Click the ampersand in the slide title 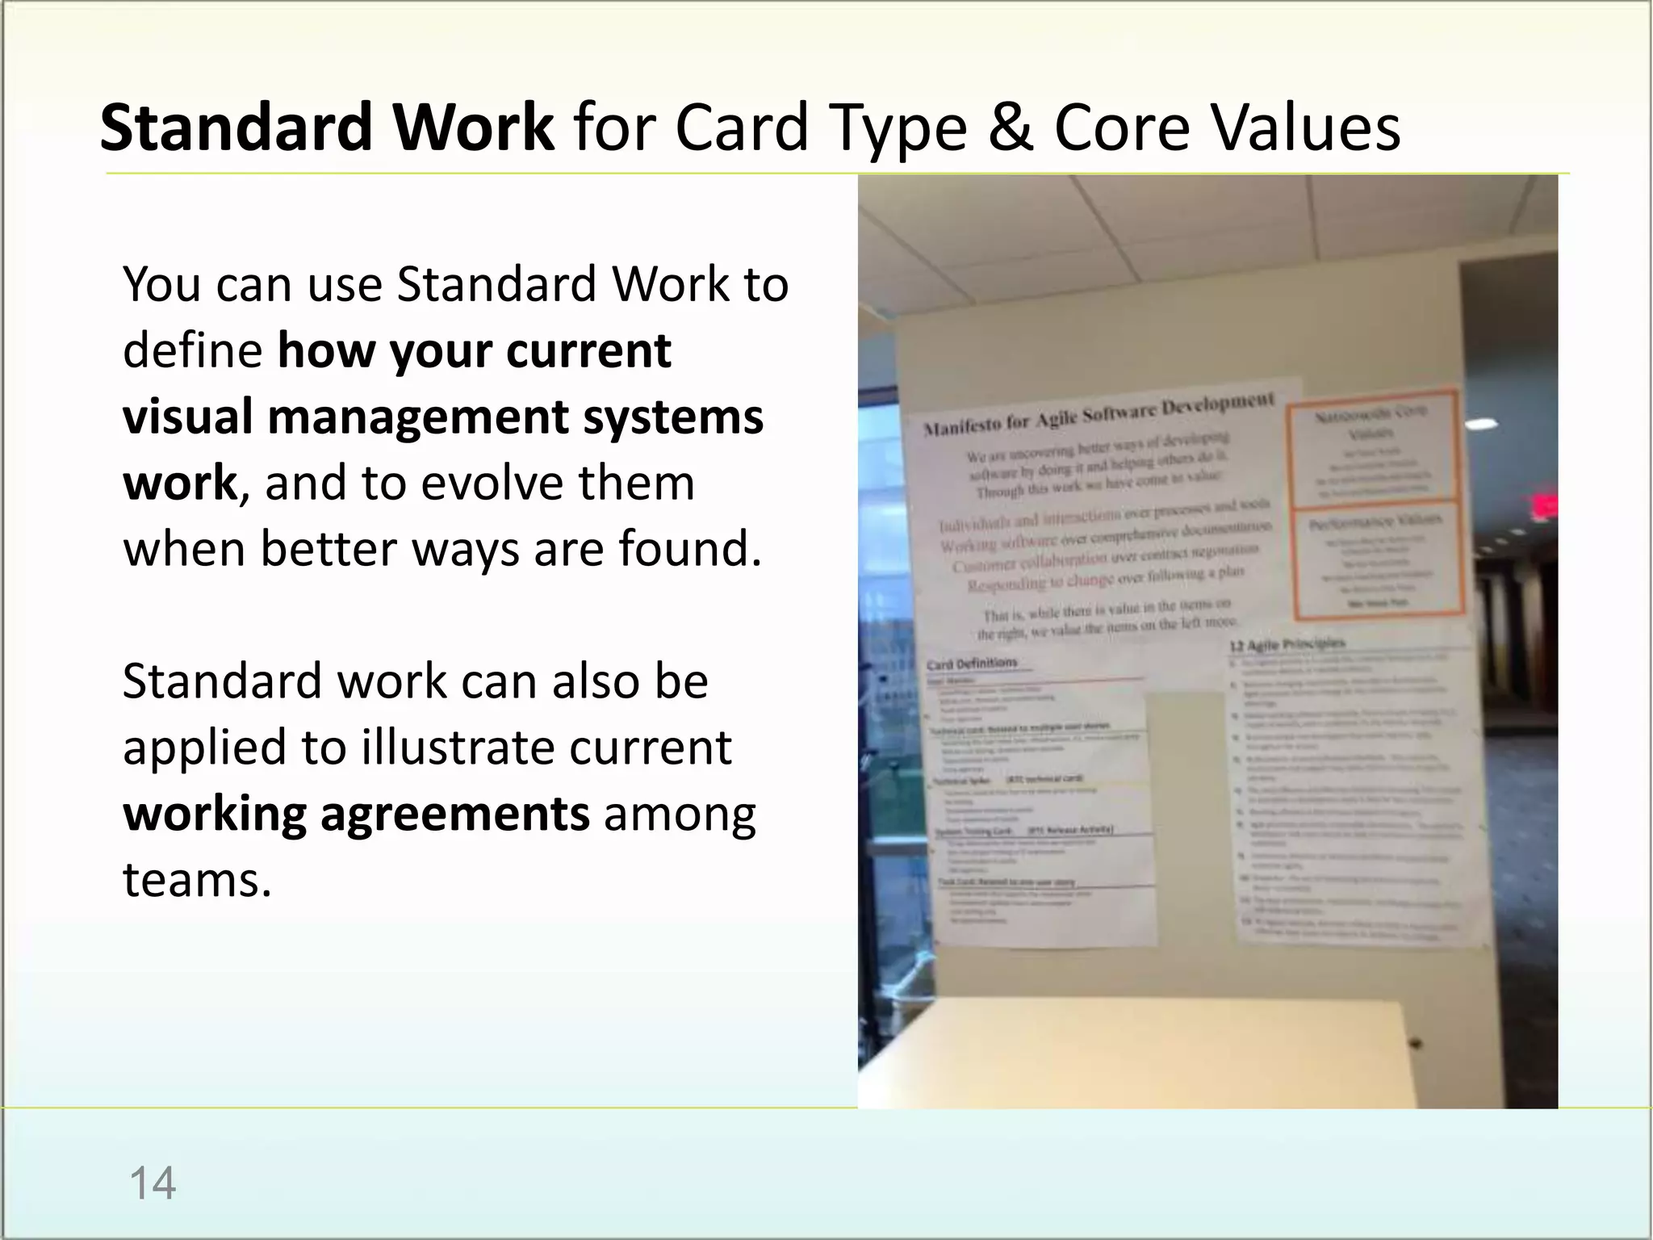(x=1009, y=128)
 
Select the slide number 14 (x=152, y=1183)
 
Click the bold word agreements (x=454, y=814)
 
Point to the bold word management (x=417, y=417)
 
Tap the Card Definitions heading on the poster (x=972, y=664)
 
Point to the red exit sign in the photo (x=1544, y=507)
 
